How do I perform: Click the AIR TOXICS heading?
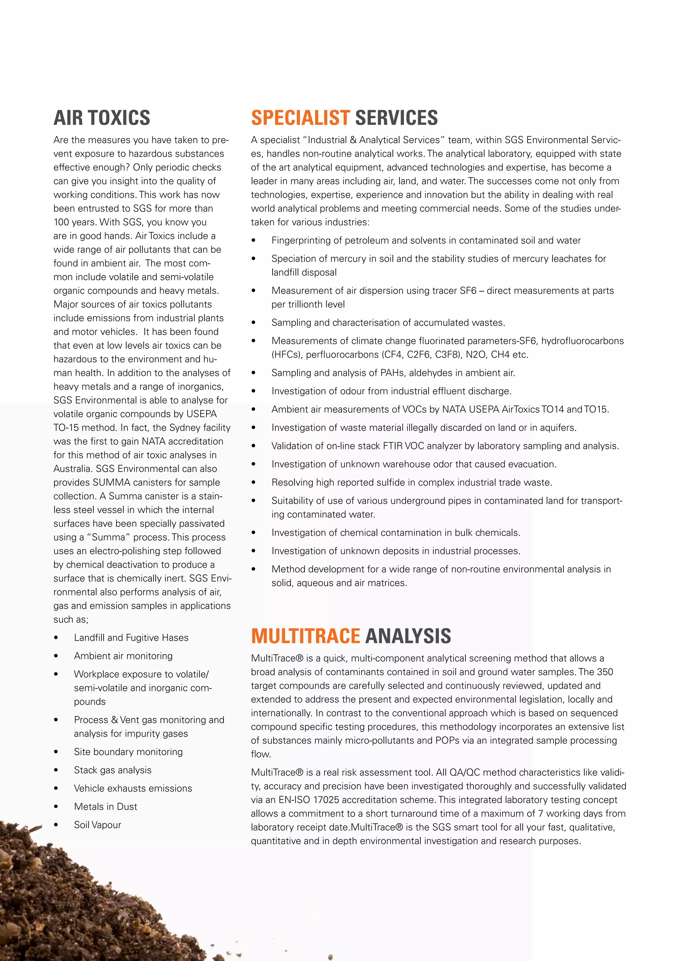pos(102,117)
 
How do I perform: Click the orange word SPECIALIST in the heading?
pos(300,117)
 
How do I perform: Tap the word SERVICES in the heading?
pos(396,117)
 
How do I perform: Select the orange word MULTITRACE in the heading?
pos(305,636)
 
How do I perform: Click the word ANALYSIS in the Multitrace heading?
pos(408,636)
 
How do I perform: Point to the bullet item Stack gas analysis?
pos(113,770)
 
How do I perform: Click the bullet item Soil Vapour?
pos(98,825)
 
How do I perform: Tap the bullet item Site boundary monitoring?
pos(128,752)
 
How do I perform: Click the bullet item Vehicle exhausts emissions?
pos(133,788)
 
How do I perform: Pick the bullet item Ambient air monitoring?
pos(123,656)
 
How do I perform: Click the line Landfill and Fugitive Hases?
pos(131,637)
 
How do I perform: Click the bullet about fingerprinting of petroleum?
pos(426,241)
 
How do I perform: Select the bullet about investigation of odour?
pos(391,391)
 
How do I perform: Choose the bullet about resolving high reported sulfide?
pos(412,482)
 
